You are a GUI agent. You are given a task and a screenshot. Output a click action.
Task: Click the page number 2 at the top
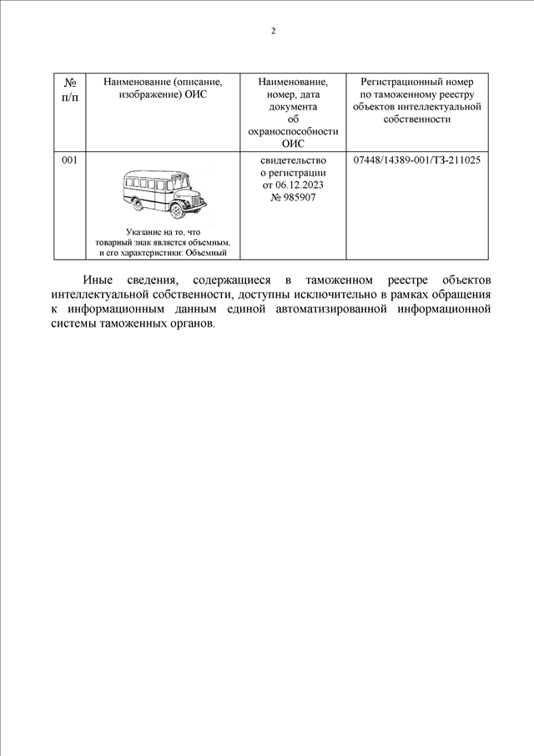pyautogui.click(x=273, y=32)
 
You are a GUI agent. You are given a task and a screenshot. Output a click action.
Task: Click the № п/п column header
pyautogui.click(x=71, y=89)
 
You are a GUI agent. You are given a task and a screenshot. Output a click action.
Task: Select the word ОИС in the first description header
pyautogui.click(x=194, y=95)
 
